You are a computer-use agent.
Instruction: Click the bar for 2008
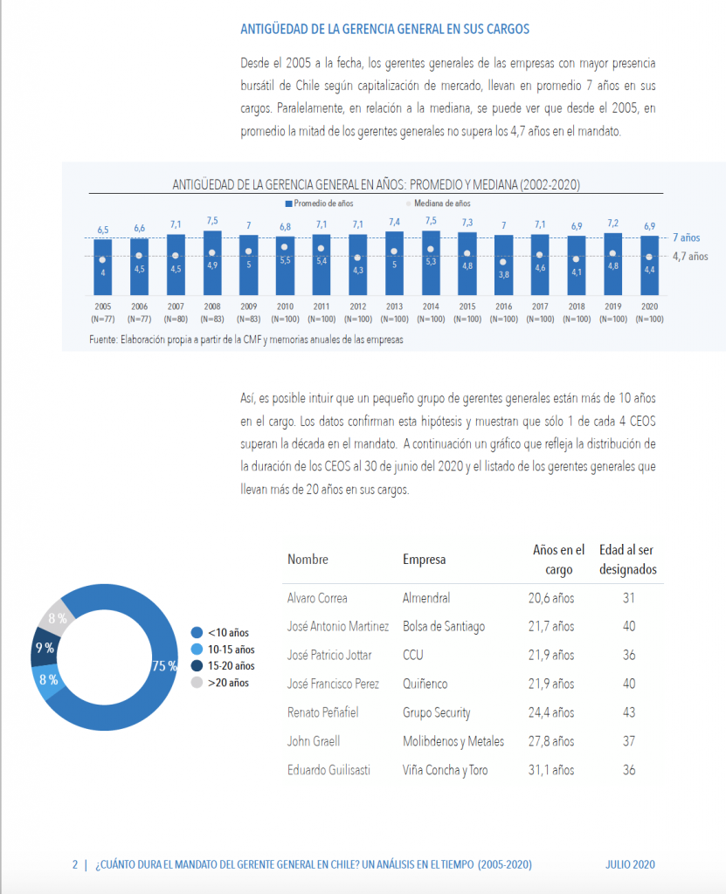click(x=212, y=263)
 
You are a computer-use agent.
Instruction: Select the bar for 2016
click(x=503, y=265)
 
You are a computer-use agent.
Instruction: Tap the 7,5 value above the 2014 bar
click(x=431, y=221)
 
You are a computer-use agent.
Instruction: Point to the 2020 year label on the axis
click(x=649, y=306)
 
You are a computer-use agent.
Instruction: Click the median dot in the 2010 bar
click(x=284, y=247)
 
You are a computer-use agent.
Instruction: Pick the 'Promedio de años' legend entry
click(x=319, y=203)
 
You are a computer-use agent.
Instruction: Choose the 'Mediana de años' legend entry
click(x=439, y=203)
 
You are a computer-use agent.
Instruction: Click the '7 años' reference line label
click(x=686, y=237)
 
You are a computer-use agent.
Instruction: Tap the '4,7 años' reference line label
click(x=690, y=257)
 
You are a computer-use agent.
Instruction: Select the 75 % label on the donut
click(x=164, y=666)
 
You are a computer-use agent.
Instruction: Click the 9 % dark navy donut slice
click(x=44, y=647)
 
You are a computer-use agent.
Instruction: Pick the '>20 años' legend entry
click(x=220, y=683)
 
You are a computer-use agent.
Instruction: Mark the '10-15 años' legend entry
click(x=223, y=650)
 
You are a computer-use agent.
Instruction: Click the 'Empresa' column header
click(x=424, y=560)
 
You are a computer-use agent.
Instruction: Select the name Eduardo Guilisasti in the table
click(x=328, y=770)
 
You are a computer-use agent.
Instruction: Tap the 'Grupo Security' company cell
click(x=437, y=712)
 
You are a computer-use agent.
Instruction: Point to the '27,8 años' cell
click(x=551, y=741)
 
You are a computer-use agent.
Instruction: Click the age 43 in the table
click(x=629, y=712)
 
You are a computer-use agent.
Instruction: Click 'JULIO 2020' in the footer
click(x=630, y=864)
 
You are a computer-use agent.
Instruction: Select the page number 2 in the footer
click(x=75, y=864)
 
